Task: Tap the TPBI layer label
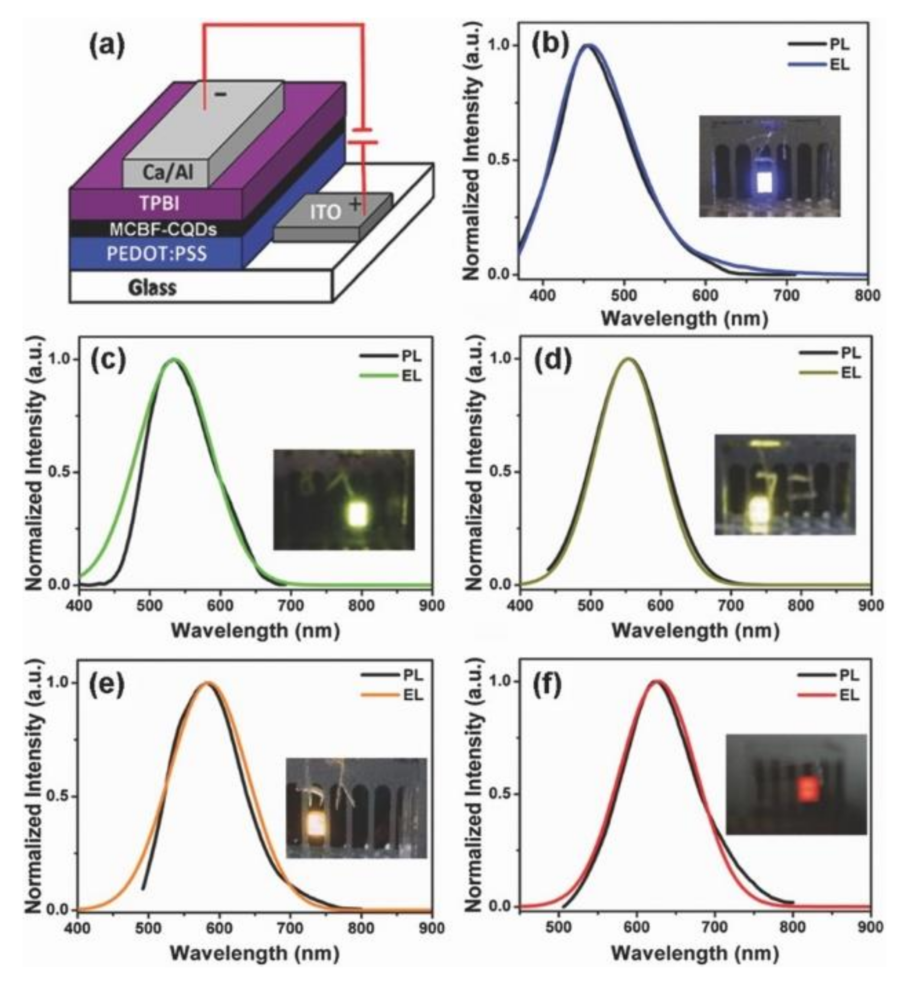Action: pos(159,204)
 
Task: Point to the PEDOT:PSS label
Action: pos(157,254)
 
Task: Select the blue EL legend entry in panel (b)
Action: pos(818,65)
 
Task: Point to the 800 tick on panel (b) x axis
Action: pos(867,296)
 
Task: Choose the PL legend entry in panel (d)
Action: pos(830,353)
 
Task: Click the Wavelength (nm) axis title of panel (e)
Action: pos(255,953)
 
